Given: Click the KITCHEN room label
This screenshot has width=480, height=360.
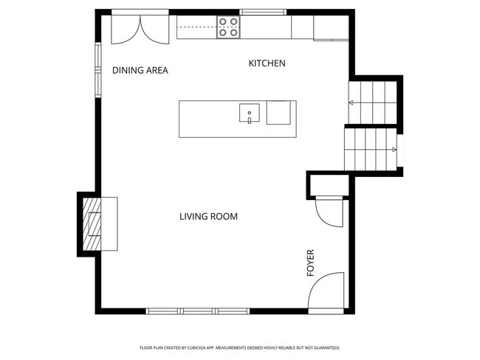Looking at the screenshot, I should point(267,63).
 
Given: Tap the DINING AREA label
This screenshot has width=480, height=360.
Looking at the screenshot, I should point(140,71).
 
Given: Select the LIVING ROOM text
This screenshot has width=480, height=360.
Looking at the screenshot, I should point(208,216).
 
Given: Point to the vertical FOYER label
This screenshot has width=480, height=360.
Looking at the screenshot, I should point(311,263).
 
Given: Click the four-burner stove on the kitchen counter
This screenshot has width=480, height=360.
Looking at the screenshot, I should point(228,27).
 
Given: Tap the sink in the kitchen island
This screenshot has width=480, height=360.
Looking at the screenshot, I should point(250,114).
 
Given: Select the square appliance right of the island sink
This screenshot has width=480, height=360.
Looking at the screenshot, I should point(279,113).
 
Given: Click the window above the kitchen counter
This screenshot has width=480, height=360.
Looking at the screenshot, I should point(264,12).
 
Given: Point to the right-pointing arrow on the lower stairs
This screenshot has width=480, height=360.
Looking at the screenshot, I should point(392,149).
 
